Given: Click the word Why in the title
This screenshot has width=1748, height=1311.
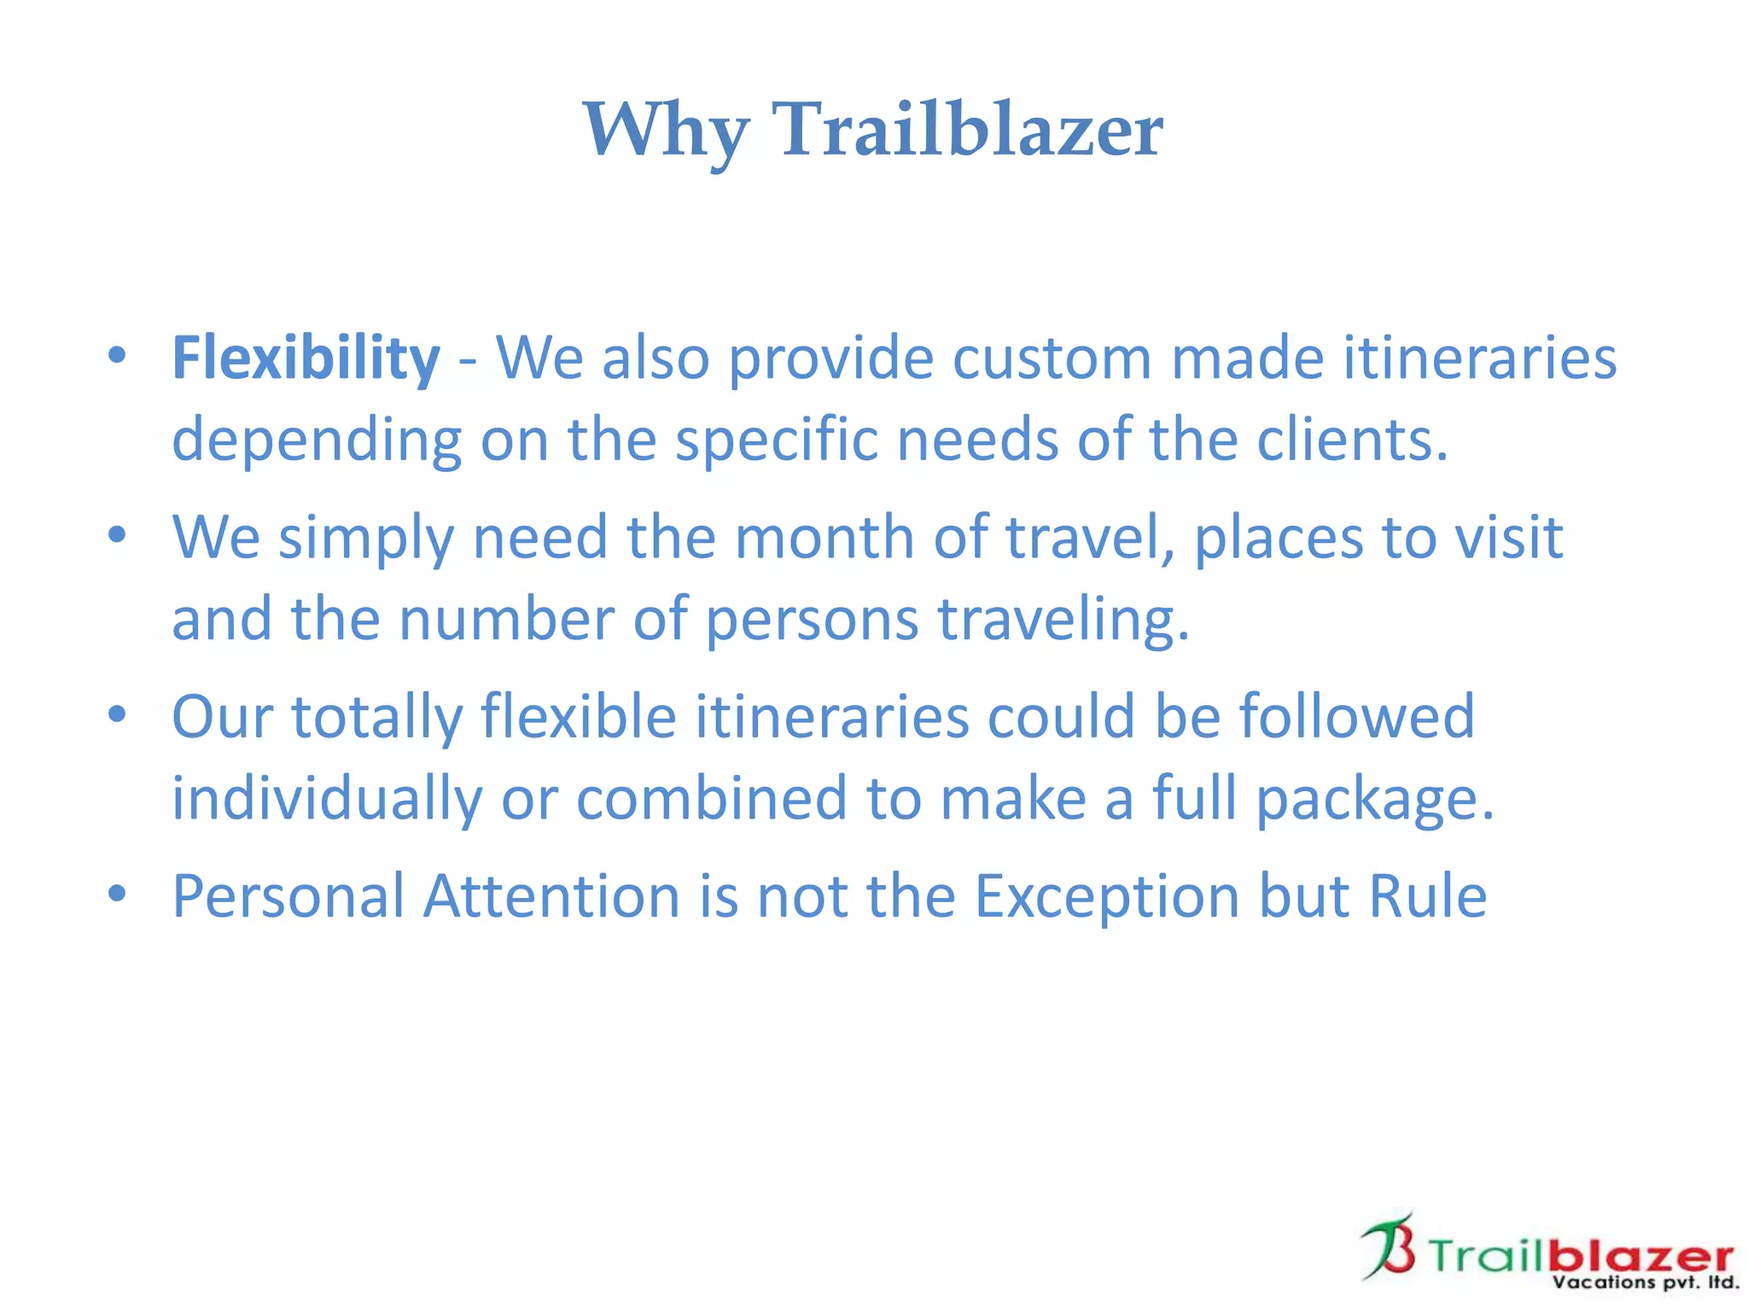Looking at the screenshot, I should [x=666, y=130].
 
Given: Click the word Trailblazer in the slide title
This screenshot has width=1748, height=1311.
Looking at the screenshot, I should [x=967, y=130].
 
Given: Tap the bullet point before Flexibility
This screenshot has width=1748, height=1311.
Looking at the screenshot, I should [x=118, y=355].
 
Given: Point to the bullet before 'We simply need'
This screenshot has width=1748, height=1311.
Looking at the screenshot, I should [x=118, y=535].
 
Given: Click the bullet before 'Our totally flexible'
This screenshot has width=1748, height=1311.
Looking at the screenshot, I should [x=118, y=714].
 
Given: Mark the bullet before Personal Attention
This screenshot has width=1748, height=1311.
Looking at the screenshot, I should [x=118, y=894].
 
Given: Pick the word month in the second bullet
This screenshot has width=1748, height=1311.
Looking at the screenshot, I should [x=824, y=537].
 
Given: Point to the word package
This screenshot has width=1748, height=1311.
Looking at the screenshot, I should [x=1374, y=798].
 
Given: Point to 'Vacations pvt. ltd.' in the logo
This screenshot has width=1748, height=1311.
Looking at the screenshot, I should [x=1645, y=1282].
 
